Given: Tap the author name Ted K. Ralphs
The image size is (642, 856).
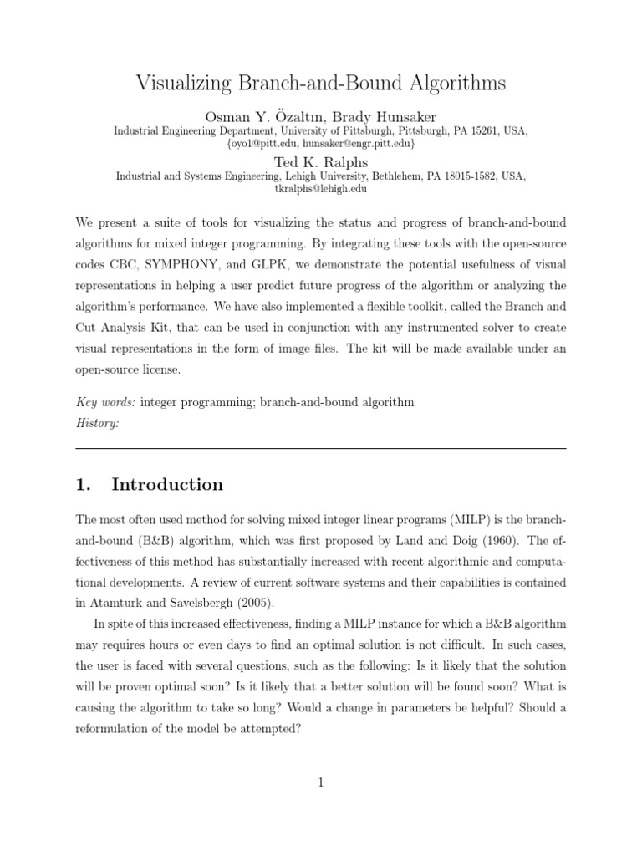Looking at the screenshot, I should tap(321, 161).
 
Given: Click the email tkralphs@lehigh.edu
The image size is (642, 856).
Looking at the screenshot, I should tap(321, 189).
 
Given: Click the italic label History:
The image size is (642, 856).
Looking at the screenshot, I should tap(97, 424).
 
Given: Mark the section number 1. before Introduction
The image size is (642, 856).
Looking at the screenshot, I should tap(83, 485).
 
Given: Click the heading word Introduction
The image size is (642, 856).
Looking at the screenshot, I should tap(167, 485).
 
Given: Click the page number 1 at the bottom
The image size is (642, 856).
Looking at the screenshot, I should tap(321, 782).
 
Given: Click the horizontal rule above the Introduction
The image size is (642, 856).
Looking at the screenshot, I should tap(321, 448).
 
